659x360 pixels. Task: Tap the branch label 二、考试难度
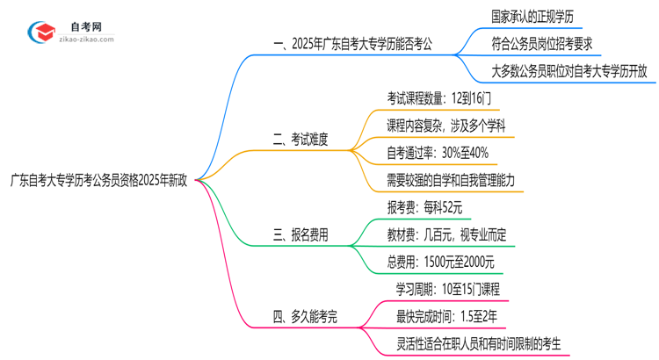(x=301, y=139)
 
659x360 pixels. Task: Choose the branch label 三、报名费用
(x=301, y=234)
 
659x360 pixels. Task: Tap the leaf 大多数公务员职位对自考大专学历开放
(x=569, y=70)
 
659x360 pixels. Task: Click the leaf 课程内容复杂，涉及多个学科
(x=445, y=126)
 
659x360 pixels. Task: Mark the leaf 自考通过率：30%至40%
(x=438, y=153)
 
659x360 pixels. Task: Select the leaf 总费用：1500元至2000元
(x=440, y=262)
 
